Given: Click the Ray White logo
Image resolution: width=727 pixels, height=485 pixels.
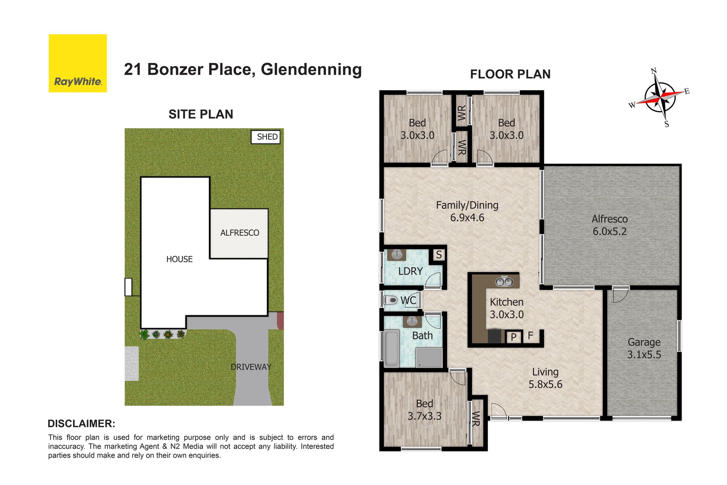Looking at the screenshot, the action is coord(78,63).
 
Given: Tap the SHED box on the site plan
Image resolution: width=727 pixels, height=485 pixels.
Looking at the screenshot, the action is coord(266,137).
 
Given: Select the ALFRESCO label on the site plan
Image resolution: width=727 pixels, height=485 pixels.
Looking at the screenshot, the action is coord(240,233).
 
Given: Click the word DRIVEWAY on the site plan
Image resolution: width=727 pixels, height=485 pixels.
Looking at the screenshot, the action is coord(251,367).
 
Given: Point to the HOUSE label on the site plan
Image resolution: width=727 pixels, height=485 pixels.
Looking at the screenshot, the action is coord(179,259).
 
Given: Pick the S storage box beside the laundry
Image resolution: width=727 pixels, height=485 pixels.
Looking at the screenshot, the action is coord(439,255).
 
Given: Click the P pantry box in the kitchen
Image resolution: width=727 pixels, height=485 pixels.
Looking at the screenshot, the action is coord(514,337).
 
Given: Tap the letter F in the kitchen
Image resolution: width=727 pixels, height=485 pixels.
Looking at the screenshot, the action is coord(530,335).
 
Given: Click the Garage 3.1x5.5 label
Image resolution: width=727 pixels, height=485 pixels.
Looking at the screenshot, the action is coord(644,348).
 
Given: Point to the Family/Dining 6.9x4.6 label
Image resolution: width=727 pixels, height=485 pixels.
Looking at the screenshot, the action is coord(467,211).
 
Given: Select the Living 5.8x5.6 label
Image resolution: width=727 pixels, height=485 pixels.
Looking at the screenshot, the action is coord(545,378).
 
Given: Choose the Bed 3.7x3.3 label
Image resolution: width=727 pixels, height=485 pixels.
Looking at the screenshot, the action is coord(424,410).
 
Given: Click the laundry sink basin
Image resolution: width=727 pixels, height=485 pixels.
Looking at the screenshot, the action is coord(396,254).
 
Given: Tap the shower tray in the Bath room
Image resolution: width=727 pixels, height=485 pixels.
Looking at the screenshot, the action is coord(429,358).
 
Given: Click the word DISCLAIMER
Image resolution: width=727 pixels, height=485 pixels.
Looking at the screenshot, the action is coord(81,424).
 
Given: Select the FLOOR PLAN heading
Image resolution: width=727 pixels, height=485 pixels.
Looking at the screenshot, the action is coord(510,74).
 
